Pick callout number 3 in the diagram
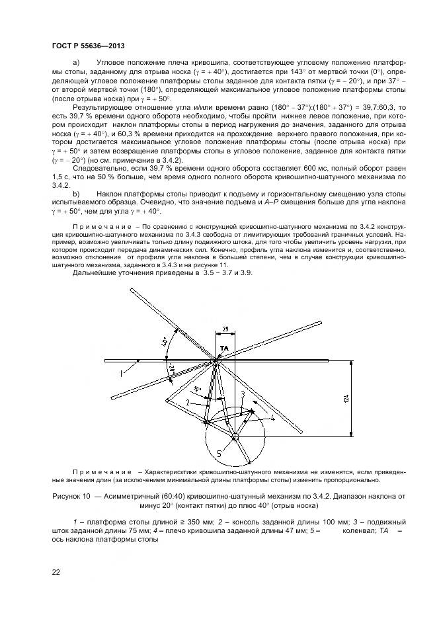coord(243,395)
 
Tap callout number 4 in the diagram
coord(272,418)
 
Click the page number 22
coord(56,571)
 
